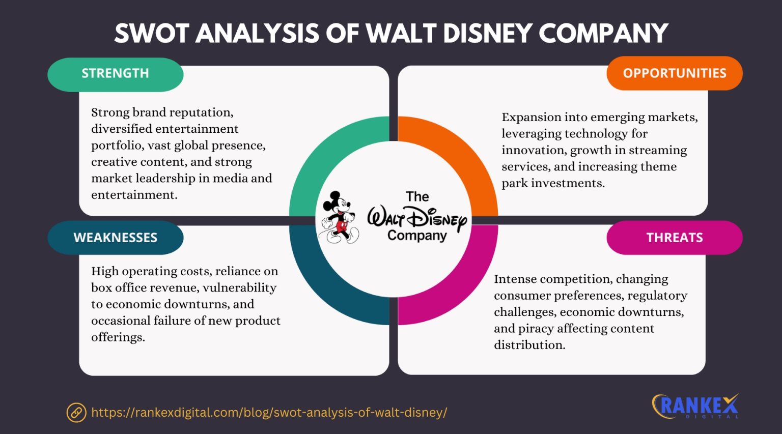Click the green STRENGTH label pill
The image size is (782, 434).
pyautogui.click(x=116, y=74)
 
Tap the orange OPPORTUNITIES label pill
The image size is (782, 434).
pyautogui.click(x=674, y=73)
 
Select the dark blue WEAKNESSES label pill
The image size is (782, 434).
pyautogui.click(x=116, y=238)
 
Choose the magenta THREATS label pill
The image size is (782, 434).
pyautogui.click(x=674, y=238)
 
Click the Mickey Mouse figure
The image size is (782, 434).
pyautogui.click(x=339, y=218)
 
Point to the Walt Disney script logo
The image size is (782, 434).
pyautogui.click(x=417, y=218)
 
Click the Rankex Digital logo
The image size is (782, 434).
pyautogui.click(x=695, y=406)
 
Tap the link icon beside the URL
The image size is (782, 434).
pyautogui.click(x=76, y=412)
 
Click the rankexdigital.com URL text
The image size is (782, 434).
pyautogui.click(x=269, y=412)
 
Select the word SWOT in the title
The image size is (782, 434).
pyautogui.click(x=152, y=34)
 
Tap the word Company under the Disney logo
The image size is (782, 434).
pyautogui.click(x=416, y=236)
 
